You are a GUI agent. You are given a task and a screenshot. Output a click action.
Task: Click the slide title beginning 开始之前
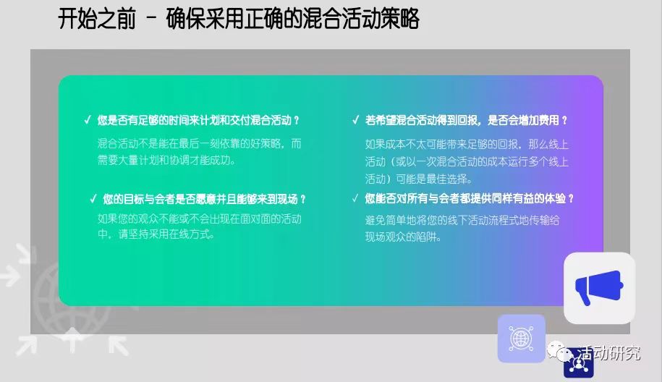(239, 19)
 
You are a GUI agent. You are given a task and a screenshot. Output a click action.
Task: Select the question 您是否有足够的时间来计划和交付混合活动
(198, 120)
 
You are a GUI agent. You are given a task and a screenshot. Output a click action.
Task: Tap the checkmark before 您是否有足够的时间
(88, 120)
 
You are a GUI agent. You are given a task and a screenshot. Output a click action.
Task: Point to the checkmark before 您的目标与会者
(93, 199)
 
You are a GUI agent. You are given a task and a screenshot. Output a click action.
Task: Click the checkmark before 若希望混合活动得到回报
(355, 120)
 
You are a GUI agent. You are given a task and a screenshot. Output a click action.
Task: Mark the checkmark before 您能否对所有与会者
(355, 198)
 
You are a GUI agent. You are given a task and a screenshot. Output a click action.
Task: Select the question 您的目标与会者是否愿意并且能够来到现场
(204, 199)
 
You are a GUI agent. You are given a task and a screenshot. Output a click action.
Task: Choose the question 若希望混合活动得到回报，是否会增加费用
(467, 120)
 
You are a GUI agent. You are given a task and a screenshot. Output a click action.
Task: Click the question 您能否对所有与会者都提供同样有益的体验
(470, 198)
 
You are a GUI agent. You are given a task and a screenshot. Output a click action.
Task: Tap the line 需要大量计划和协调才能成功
(166, 161)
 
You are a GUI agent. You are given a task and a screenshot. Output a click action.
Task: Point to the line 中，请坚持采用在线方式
(156, 234)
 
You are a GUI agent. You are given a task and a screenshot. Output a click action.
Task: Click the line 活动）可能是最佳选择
(418, 179)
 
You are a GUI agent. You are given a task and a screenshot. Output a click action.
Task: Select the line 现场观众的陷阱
(403, 237)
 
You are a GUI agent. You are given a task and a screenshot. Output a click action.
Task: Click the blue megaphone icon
(599, 287)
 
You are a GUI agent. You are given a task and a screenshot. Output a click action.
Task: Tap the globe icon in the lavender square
(522, 338)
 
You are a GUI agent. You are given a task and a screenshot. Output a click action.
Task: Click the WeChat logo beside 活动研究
(560, 351)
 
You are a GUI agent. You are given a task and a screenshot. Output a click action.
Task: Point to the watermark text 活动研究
(608, 353)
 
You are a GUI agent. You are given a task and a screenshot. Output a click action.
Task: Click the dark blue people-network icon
(578, 364)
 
